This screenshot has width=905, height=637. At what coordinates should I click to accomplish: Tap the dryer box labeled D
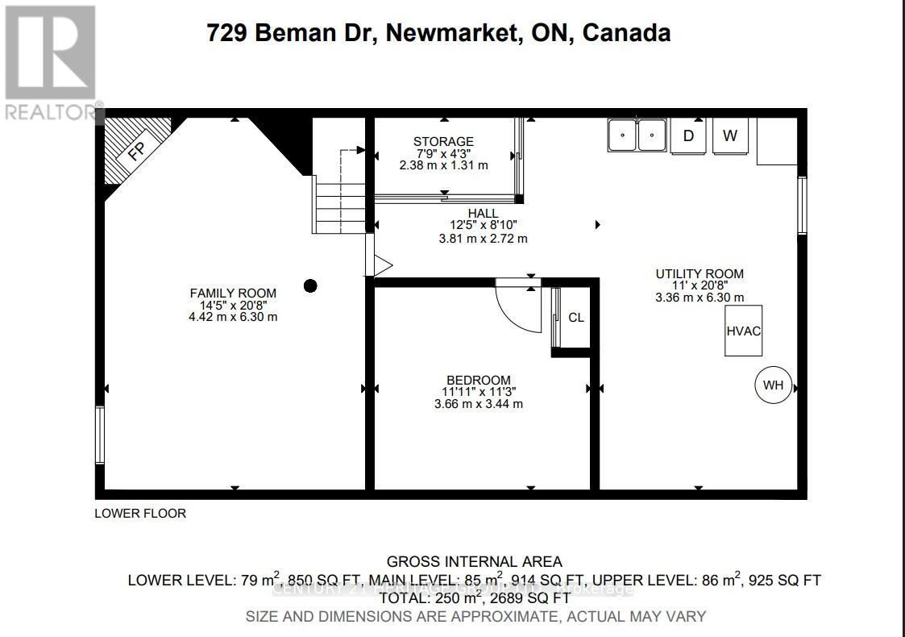pyautogui.click(x=688, y=135)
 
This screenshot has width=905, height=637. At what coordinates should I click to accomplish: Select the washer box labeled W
pyautogui.click(x=730, y=135)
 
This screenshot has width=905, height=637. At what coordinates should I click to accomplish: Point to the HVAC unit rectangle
pyautogui.click(x=743, y=331)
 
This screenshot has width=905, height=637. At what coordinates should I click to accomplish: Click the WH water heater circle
pyautogui.click(x=773, y=385)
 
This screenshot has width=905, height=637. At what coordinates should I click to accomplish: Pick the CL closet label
pyautogui.click(x=576, y=318)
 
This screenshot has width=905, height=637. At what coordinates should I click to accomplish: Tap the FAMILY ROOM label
pyautogui.click(x=233, y=294)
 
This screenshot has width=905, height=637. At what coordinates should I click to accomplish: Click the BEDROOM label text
pyautogui.click(x=479, y=381)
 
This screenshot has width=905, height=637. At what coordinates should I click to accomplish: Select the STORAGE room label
pyautogui.click(x=443, y=142)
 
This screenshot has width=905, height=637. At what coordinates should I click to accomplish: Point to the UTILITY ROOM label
pyautogui.click(x=699, y=274)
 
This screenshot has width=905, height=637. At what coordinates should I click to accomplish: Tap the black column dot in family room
pyautogui.click(x=310, y=285)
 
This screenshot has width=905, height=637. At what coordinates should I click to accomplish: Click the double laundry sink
pyautogui.click(x=637, y=135)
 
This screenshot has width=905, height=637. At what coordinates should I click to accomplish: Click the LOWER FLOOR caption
pyautogui.click(x=140, y=513)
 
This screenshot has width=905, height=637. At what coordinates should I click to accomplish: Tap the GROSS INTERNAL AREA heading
pyautogui.click(x=474, y=562)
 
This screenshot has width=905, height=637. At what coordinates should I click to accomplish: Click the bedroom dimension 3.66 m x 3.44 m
pyautogui.click(x=479, y=403)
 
